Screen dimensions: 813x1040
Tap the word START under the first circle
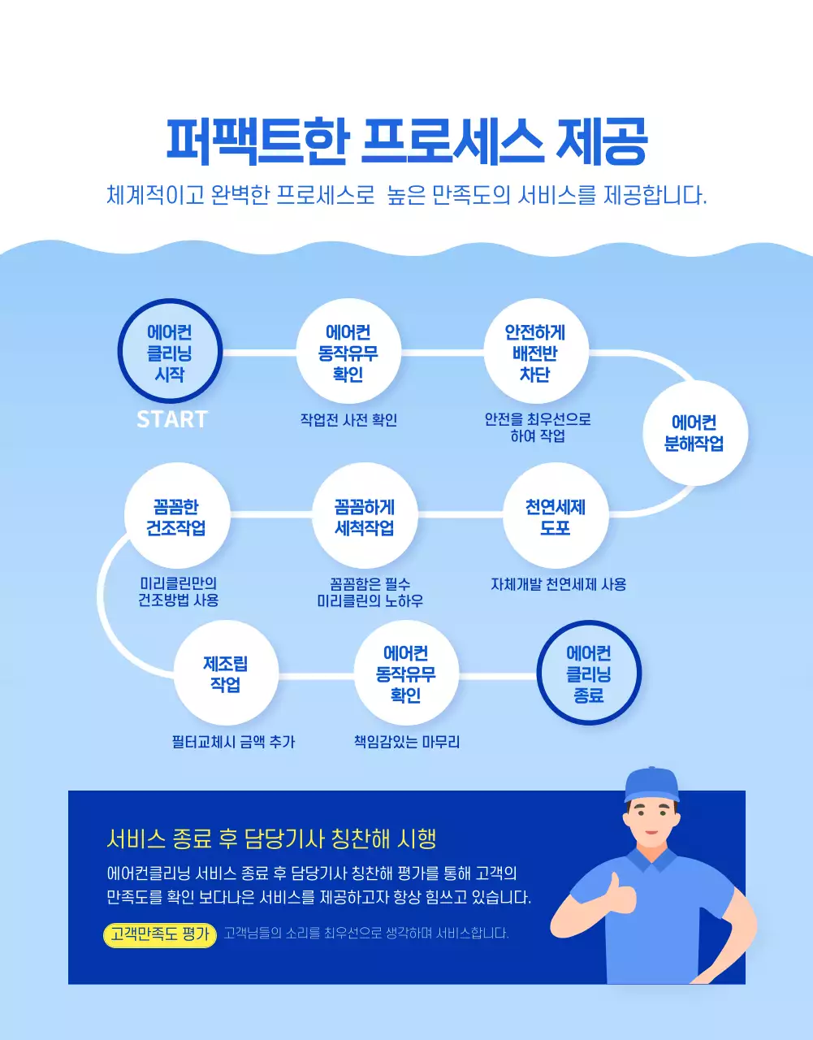pyautogui.click(x=171, y=419)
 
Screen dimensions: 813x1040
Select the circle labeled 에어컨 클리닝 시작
pyautogui.click(x=170, y=353)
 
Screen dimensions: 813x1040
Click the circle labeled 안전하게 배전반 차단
pyautogui.click(x=535, y=353)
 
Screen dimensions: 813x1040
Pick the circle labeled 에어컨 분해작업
pyautogui.click(x=694, y=433)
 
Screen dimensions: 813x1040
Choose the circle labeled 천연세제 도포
pyautogui.click(x=556, y=517)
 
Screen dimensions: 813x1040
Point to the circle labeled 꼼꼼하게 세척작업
pyautogui.click(x=365, y=517)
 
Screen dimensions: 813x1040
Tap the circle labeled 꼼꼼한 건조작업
pyautogui.click(x=176, y=517)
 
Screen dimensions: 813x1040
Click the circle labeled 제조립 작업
pyautogui.click(x=226, y=674)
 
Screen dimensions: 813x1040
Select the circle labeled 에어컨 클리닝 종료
pyautogui.click(x=589, y=674)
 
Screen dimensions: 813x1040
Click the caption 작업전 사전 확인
pyautogui.click(x=348, y=420)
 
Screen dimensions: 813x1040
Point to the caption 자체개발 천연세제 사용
pyautogui.click(x=558, y=584)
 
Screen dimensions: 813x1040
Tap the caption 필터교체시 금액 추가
pyautogui.click(x=233, y=742)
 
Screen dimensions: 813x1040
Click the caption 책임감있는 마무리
pyautogui.click(x=407, y=742)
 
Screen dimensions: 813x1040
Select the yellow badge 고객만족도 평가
pyautogui.click(x=160, y=934)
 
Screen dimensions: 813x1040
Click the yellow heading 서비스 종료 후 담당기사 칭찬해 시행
pyautogui.click(x=271, y=838)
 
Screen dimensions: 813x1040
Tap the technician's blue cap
pyautogui.click(x=651, y=782)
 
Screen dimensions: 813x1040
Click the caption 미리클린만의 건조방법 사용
pyautogui.click(x=178, y=591)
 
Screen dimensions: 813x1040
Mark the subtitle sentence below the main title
pyautogui.click(x=406, y=196)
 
